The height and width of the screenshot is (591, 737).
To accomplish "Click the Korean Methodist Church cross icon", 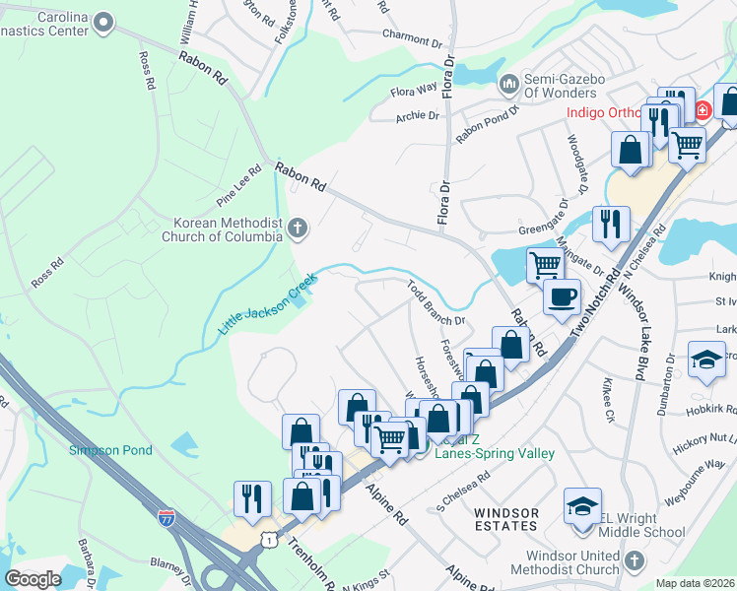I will (x=298, y=230).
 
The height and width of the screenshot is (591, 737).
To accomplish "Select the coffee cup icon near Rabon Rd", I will (x=563, y=295).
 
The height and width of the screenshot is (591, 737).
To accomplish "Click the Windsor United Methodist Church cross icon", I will (x=634, y=562).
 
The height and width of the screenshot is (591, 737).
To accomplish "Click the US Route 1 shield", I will (x=268, y=541).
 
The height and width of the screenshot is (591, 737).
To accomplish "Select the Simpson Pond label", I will (x=110, y=450).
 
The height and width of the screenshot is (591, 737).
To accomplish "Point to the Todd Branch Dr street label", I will (x=436, y=303).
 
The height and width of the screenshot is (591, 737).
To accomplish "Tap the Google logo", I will (x=33, y=579).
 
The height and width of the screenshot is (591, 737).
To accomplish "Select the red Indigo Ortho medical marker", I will (x=702, y=110).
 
